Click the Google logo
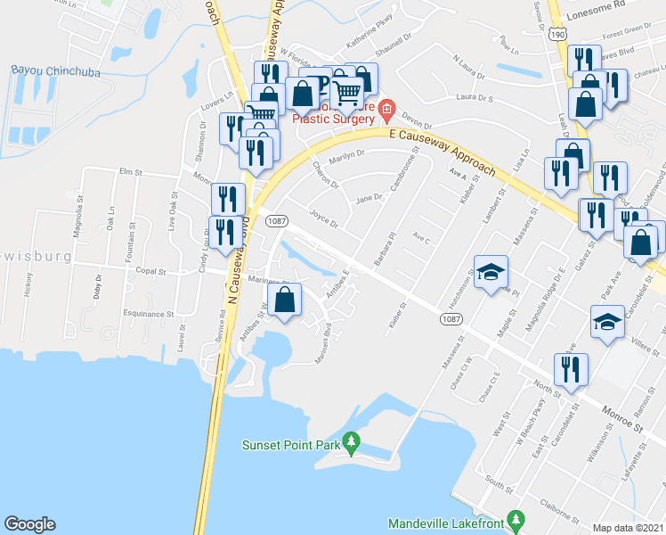pyautogui.click(x=29, y=524)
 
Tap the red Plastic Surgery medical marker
pyautogui.click(x=386, y=111)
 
